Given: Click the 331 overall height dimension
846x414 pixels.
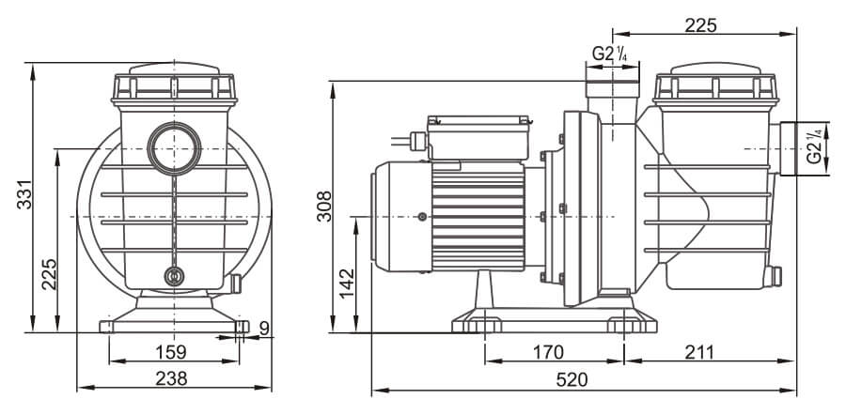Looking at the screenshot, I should [x=26, y=195].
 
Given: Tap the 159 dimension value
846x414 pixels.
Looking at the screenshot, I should [x=170, y=352].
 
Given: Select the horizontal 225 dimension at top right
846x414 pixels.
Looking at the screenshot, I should [x=700, y=25].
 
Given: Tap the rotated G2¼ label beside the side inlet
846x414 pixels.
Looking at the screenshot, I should [x=814, y=147].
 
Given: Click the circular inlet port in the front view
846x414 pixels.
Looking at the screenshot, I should [x=173, y=147].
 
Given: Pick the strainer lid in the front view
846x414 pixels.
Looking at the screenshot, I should [x=174, y=83].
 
